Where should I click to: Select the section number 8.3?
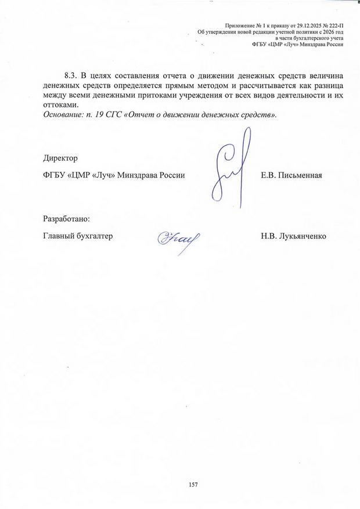point(70,76)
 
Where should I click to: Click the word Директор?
point(60,157)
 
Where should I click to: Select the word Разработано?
point(67,219)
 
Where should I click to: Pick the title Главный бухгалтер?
point(77,236)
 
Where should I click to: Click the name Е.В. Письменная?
point(291,175)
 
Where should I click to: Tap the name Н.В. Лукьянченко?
point(294,236)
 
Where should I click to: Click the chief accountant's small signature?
point(178,238)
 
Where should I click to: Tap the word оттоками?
point(60,104)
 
